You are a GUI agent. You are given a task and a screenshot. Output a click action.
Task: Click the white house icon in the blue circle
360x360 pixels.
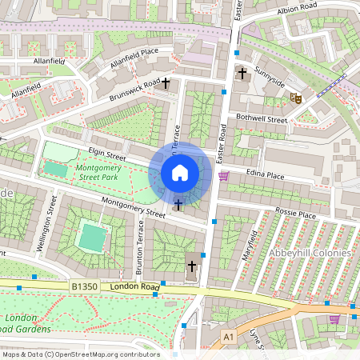point(180,173)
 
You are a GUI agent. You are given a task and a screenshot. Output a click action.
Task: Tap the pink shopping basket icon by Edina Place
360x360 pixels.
point(223,175)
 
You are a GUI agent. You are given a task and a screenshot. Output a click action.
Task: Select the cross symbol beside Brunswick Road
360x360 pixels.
point(166,83)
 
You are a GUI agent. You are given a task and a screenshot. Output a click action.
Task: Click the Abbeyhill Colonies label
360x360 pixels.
point(311,253)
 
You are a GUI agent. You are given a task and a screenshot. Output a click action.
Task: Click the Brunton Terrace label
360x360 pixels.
point(141,249)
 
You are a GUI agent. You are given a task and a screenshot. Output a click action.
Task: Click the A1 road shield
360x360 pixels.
point(230,337)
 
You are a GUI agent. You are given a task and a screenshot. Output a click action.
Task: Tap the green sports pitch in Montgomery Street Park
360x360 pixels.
point(55,169)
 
